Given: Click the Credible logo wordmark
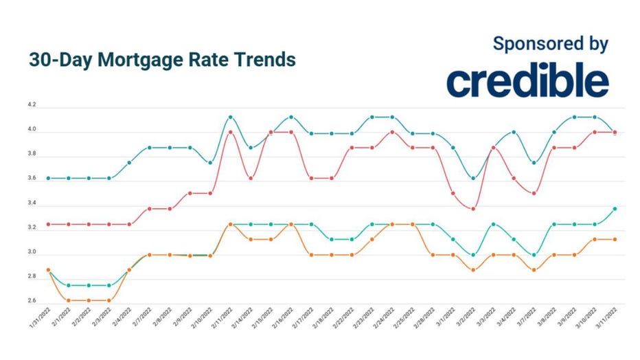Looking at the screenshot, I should click(x=527, y=82).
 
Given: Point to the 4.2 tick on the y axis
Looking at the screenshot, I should click(x=32, y=106).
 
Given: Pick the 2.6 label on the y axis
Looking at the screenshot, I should click(x=32, y=301).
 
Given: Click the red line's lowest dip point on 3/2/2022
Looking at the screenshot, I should click(x=472, y=208).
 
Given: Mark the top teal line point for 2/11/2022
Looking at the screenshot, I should click(x=230, y=117).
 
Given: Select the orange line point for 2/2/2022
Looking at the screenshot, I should click(x=89, y=300).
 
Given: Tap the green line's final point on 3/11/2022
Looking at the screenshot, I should click(x=615, y=208).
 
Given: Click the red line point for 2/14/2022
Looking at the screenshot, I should click(x=251, y=178).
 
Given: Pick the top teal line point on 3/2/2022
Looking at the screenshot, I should click(x=472, y=178).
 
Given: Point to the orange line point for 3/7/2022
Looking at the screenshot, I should click(x=534, y=270).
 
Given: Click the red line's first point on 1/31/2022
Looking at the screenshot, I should click(x=48, y=224).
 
